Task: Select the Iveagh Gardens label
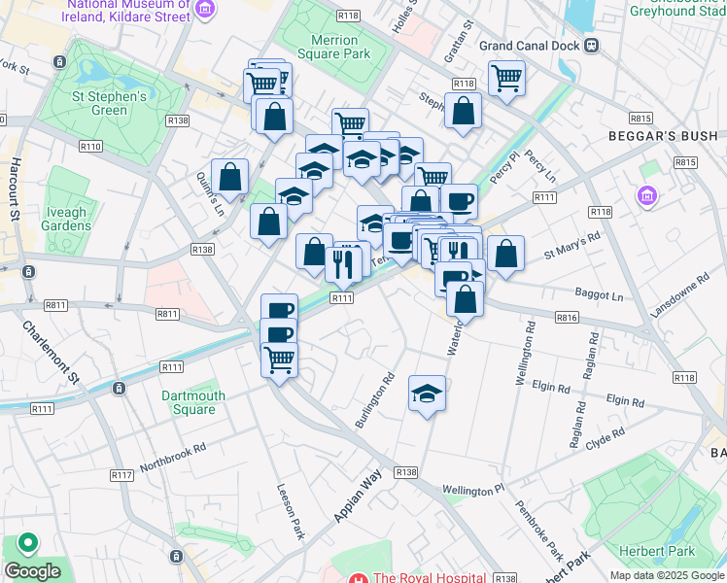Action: (x=67, y=219)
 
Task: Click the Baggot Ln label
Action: (x=598, y=293)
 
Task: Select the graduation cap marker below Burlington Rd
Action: (x=427, y=394)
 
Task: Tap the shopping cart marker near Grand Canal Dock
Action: (x=506, y=78)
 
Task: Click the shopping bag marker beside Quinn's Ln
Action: (x=229, y=177)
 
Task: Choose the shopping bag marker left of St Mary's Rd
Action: (x=505, y=254)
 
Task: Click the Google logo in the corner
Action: (x=32, y=571)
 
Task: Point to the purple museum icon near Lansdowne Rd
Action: (x=646, y=197)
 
